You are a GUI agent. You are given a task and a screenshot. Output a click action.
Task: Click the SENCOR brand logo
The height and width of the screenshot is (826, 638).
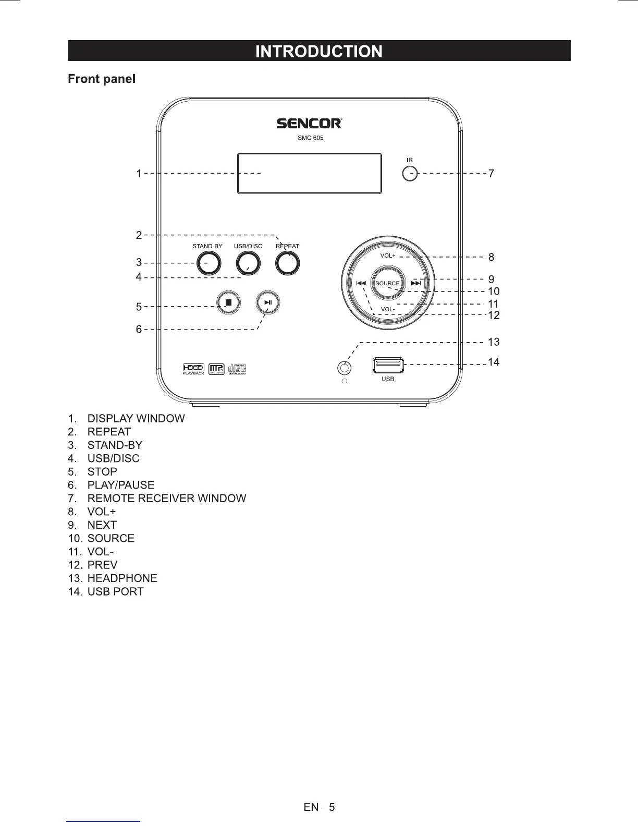click(x=309, y=124)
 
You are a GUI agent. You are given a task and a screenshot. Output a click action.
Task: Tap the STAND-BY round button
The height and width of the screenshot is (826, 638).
click(x=208, y=263)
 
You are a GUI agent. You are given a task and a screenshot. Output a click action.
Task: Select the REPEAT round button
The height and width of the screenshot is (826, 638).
click(x=287, y=263)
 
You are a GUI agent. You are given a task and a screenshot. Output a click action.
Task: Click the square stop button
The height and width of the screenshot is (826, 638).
click(x=228, y=302)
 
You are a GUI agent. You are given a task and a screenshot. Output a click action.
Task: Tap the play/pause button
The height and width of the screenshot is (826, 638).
click(x=268, y=302)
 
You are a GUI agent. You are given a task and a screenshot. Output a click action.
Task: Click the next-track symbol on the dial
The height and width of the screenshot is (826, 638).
click(x=416, y=283)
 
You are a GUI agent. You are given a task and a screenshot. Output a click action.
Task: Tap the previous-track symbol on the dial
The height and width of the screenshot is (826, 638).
click(x=361, y=283)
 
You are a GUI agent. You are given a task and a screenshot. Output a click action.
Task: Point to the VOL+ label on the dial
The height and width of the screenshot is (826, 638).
click(x=388, y=256)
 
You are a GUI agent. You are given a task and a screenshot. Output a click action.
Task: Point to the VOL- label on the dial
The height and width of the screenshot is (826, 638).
click(x=388, y=309)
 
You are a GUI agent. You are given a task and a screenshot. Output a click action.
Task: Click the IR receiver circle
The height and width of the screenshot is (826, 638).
click(x=410, y=173)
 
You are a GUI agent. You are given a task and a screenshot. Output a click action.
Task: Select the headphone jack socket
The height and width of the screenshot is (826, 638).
click(x=344, y=368)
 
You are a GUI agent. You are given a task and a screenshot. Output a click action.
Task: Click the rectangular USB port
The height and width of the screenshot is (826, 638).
click(x=388, y=365)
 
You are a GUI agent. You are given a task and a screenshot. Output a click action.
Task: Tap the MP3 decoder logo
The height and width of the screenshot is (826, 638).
click(x=216, y=369)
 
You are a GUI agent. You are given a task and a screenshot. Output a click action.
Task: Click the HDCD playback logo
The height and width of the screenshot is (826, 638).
click(x=193, y=369)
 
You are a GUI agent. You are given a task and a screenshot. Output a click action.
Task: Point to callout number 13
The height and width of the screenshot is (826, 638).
click(x=494, y=342)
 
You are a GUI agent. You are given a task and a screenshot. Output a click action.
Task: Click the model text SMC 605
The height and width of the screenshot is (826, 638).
click(x=310, y=138)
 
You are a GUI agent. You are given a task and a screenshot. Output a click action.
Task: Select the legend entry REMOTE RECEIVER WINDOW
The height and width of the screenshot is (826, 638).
click(x=167, y=499)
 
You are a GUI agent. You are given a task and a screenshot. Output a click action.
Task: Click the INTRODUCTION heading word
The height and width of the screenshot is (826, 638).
click(x=319, y=51)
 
